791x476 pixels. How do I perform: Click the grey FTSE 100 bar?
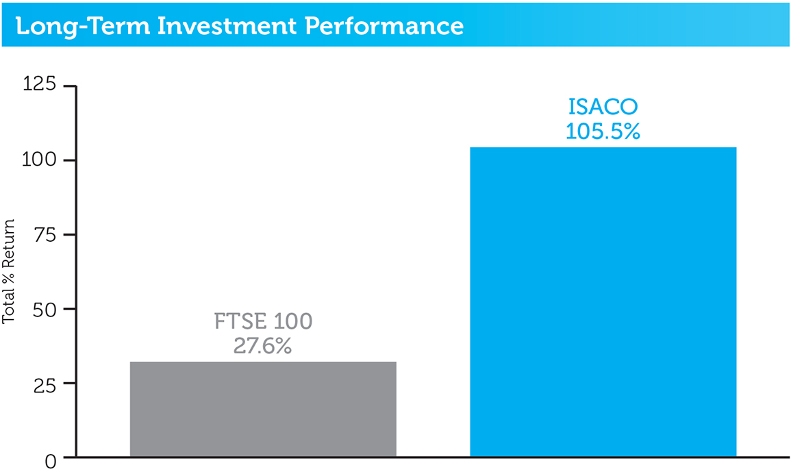pos(263,409)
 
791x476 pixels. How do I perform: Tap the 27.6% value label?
pos(262,346)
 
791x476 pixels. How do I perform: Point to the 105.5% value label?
pos(603,131)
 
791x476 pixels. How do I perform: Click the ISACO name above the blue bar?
pos(603,106)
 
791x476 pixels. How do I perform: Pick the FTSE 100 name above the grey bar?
pos(263,321)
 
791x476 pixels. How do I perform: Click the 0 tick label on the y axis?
pos(51,462)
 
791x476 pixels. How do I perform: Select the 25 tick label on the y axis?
pos(45,386)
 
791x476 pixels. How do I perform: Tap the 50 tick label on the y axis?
pos(45,310)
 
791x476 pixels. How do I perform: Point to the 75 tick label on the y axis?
pos(45,236)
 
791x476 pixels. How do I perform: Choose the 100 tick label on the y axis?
pos(39,160)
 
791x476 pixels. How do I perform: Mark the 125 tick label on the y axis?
pos(39,84)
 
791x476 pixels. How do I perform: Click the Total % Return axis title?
pos(9,271)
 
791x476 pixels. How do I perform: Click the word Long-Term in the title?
pos(83,26)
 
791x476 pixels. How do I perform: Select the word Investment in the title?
pos(227,25)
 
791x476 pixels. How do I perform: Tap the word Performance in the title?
pos(384,25)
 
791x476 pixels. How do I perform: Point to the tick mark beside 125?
pos(70,86)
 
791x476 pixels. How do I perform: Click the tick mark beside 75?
pos(70,234)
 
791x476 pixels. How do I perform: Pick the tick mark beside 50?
pos(70,309)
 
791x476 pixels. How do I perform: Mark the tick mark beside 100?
pos(70,160)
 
